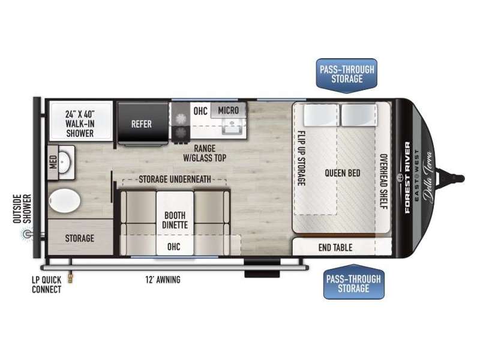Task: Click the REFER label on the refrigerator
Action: (142, 124)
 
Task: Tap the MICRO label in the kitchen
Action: (229, 110)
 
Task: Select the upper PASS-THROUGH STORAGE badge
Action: (347, 74)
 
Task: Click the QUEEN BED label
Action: (342, 173)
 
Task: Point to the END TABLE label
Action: (335, 247)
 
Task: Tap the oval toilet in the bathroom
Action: (64, 200)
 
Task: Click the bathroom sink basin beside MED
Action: (65, 161)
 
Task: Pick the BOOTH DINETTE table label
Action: (175, 220)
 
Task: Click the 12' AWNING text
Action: (163, 280)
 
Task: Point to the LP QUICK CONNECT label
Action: (47, 284)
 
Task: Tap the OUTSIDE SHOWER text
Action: (22, 208)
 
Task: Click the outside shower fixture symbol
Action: (27, 235)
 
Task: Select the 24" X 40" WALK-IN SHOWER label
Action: (80, 124)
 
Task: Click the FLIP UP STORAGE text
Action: (302, 158)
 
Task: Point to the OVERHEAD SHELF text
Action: (383, 181)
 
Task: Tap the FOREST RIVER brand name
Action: (407, 178)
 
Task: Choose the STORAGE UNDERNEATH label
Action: (175, 179)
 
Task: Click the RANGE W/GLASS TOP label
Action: (205, 153)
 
